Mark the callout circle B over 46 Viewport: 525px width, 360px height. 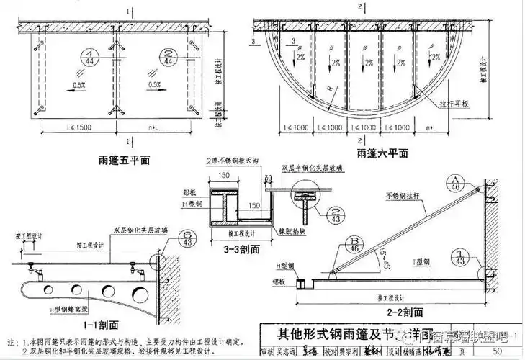pos(354,243)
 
